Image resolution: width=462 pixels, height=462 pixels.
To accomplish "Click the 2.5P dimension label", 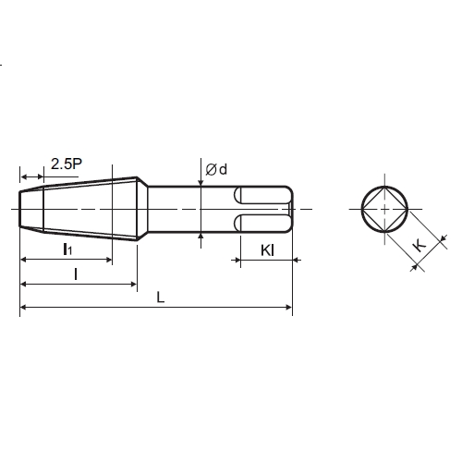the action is pyautogui.click(x=67, y=164).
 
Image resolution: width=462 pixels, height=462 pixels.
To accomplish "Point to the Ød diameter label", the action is pyautogui.click(x=216, y=169).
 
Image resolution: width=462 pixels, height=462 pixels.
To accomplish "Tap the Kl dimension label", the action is pyautogui.click(x=267, y=250).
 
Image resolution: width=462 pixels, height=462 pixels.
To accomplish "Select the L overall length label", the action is pyautogui.click(x=161, y=298).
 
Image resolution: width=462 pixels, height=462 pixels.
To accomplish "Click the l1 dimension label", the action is pyautogui.click(x=67, y=249).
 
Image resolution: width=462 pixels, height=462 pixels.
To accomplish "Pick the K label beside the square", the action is pyautogui.click(x=419, y=246).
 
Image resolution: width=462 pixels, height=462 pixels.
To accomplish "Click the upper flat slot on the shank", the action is pyautogui.click(x=262, y=195).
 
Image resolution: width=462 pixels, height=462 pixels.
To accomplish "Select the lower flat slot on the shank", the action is pyautogui.click(x=262, y=223).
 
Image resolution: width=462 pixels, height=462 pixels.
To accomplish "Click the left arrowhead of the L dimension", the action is pyautogui.click(x=22, y=307).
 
